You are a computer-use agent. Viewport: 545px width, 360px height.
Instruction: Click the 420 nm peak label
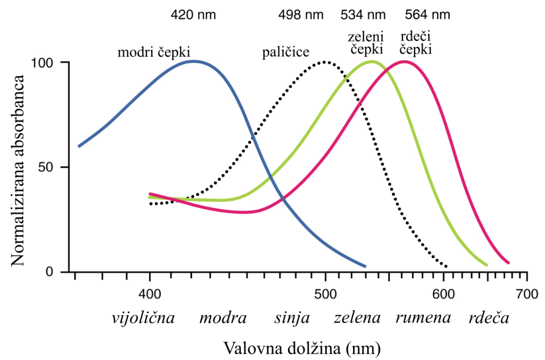click(x=193, y=14)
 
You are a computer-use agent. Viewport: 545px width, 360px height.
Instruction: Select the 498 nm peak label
click(x=301, y=14)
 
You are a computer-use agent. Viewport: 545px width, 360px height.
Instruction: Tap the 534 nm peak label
click(x=362, y=14)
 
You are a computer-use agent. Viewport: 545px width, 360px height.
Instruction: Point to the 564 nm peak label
click(x=427, y=14)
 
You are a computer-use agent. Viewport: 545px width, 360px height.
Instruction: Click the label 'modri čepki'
click(x=154, y=52)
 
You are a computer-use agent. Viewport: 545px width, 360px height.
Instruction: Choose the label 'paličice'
click(x=286, y=53)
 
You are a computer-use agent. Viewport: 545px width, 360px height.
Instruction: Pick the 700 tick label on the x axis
click(x=527, y=293)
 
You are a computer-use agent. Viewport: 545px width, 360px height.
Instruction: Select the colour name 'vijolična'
click(x=143, y=318)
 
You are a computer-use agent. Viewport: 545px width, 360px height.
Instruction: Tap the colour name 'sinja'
click(x=292, y=318)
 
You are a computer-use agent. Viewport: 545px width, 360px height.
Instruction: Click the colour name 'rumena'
click(x=423, y=318)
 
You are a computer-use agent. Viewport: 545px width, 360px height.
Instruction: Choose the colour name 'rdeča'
click(x=489, y=318)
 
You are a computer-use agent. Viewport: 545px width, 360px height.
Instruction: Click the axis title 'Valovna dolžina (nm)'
click(x=302, y=348)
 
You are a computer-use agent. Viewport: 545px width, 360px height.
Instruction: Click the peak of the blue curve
click(x=193, y=61)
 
